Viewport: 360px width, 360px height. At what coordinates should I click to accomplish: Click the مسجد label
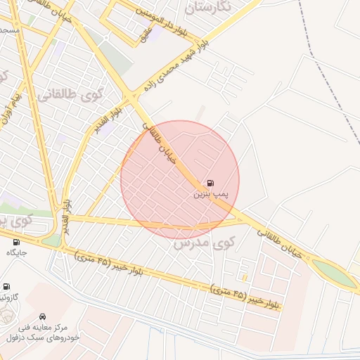click(8, 31)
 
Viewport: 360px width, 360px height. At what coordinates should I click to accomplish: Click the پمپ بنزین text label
click(212, 192)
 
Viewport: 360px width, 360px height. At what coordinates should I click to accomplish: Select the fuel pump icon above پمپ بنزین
click(212, 181)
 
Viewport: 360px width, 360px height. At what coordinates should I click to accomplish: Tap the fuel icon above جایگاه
click(15, 242)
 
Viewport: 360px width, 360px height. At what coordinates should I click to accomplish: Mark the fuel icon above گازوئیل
click(7, 287)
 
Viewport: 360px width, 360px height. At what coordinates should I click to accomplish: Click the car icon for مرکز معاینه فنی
click(44, 316)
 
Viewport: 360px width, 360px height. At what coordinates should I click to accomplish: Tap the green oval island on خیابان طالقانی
click(334, 274)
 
